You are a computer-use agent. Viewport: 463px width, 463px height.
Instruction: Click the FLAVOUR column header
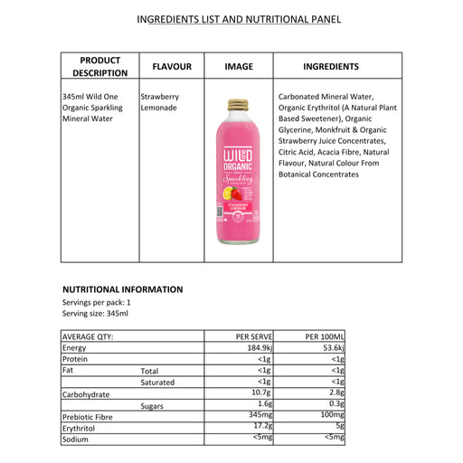(172, 66)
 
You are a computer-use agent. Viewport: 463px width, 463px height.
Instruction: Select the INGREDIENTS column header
(330, 66)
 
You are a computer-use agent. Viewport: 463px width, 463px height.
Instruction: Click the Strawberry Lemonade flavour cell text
(160, 101)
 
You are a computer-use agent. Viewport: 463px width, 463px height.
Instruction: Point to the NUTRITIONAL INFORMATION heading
(122, 289)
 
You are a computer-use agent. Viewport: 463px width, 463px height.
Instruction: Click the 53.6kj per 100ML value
(329, 348)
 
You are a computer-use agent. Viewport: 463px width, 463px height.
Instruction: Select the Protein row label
(75, 359)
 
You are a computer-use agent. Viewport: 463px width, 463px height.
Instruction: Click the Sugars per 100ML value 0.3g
(336, 404)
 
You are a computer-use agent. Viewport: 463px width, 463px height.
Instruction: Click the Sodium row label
(75, 439)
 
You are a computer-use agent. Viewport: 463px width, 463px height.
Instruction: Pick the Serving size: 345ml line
(95, 313)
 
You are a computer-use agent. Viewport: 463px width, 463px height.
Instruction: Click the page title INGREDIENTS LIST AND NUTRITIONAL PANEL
(238, 19)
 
